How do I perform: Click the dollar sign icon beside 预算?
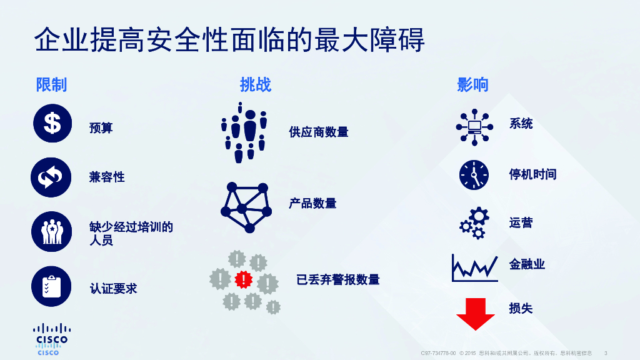(x=52, y=124)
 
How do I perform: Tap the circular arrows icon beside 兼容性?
(x=51, y=177)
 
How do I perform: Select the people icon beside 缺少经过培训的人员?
(x=52, y=232)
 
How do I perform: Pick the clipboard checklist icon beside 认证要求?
(x=51, y=286)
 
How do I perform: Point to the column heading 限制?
(x=51, y=85)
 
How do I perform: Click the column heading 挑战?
(x=256, y=85)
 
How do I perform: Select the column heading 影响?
(x=472, y=85)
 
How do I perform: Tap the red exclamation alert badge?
(x=244, y=278)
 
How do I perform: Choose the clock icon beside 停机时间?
(x=474, y=175)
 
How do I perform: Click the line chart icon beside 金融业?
(x=474, y=267)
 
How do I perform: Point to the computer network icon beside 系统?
(x=474, y=127)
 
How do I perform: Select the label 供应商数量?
(x=319, y=132)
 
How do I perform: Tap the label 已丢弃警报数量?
(x=338, y=279)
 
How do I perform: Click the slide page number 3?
(x=606, y=353)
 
